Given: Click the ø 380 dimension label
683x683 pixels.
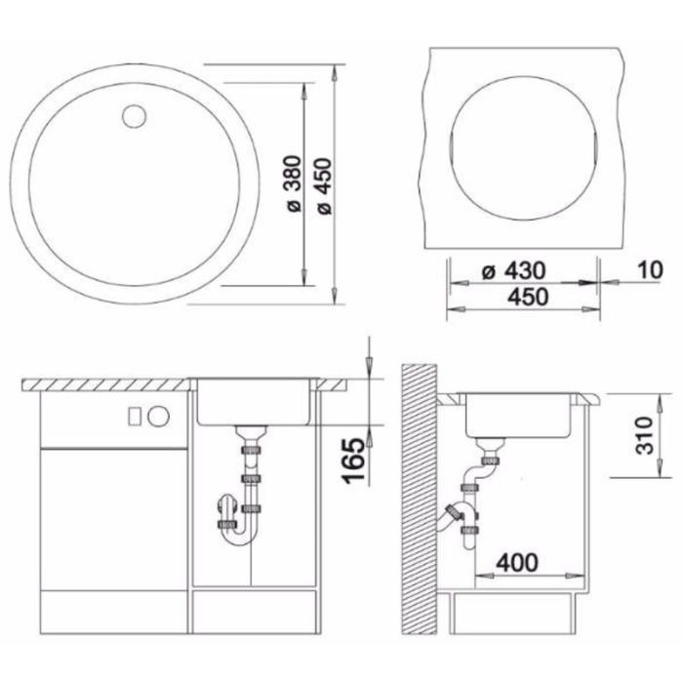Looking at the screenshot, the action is [x=295, y=183].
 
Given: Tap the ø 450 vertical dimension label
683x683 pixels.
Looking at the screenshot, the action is [x=325, y=186].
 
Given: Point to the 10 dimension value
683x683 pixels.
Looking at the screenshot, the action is [x=651, y=270].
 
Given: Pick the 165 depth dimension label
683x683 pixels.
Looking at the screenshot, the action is [x=353, y=461].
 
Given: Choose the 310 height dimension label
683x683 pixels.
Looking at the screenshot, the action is [x=644, y=435].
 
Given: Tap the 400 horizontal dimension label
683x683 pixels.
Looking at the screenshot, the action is [x=517, y=562].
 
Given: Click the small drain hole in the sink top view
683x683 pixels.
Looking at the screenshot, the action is [x=135, y=115].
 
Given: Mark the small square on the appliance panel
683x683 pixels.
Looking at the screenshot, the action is [x=135, y=417].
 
